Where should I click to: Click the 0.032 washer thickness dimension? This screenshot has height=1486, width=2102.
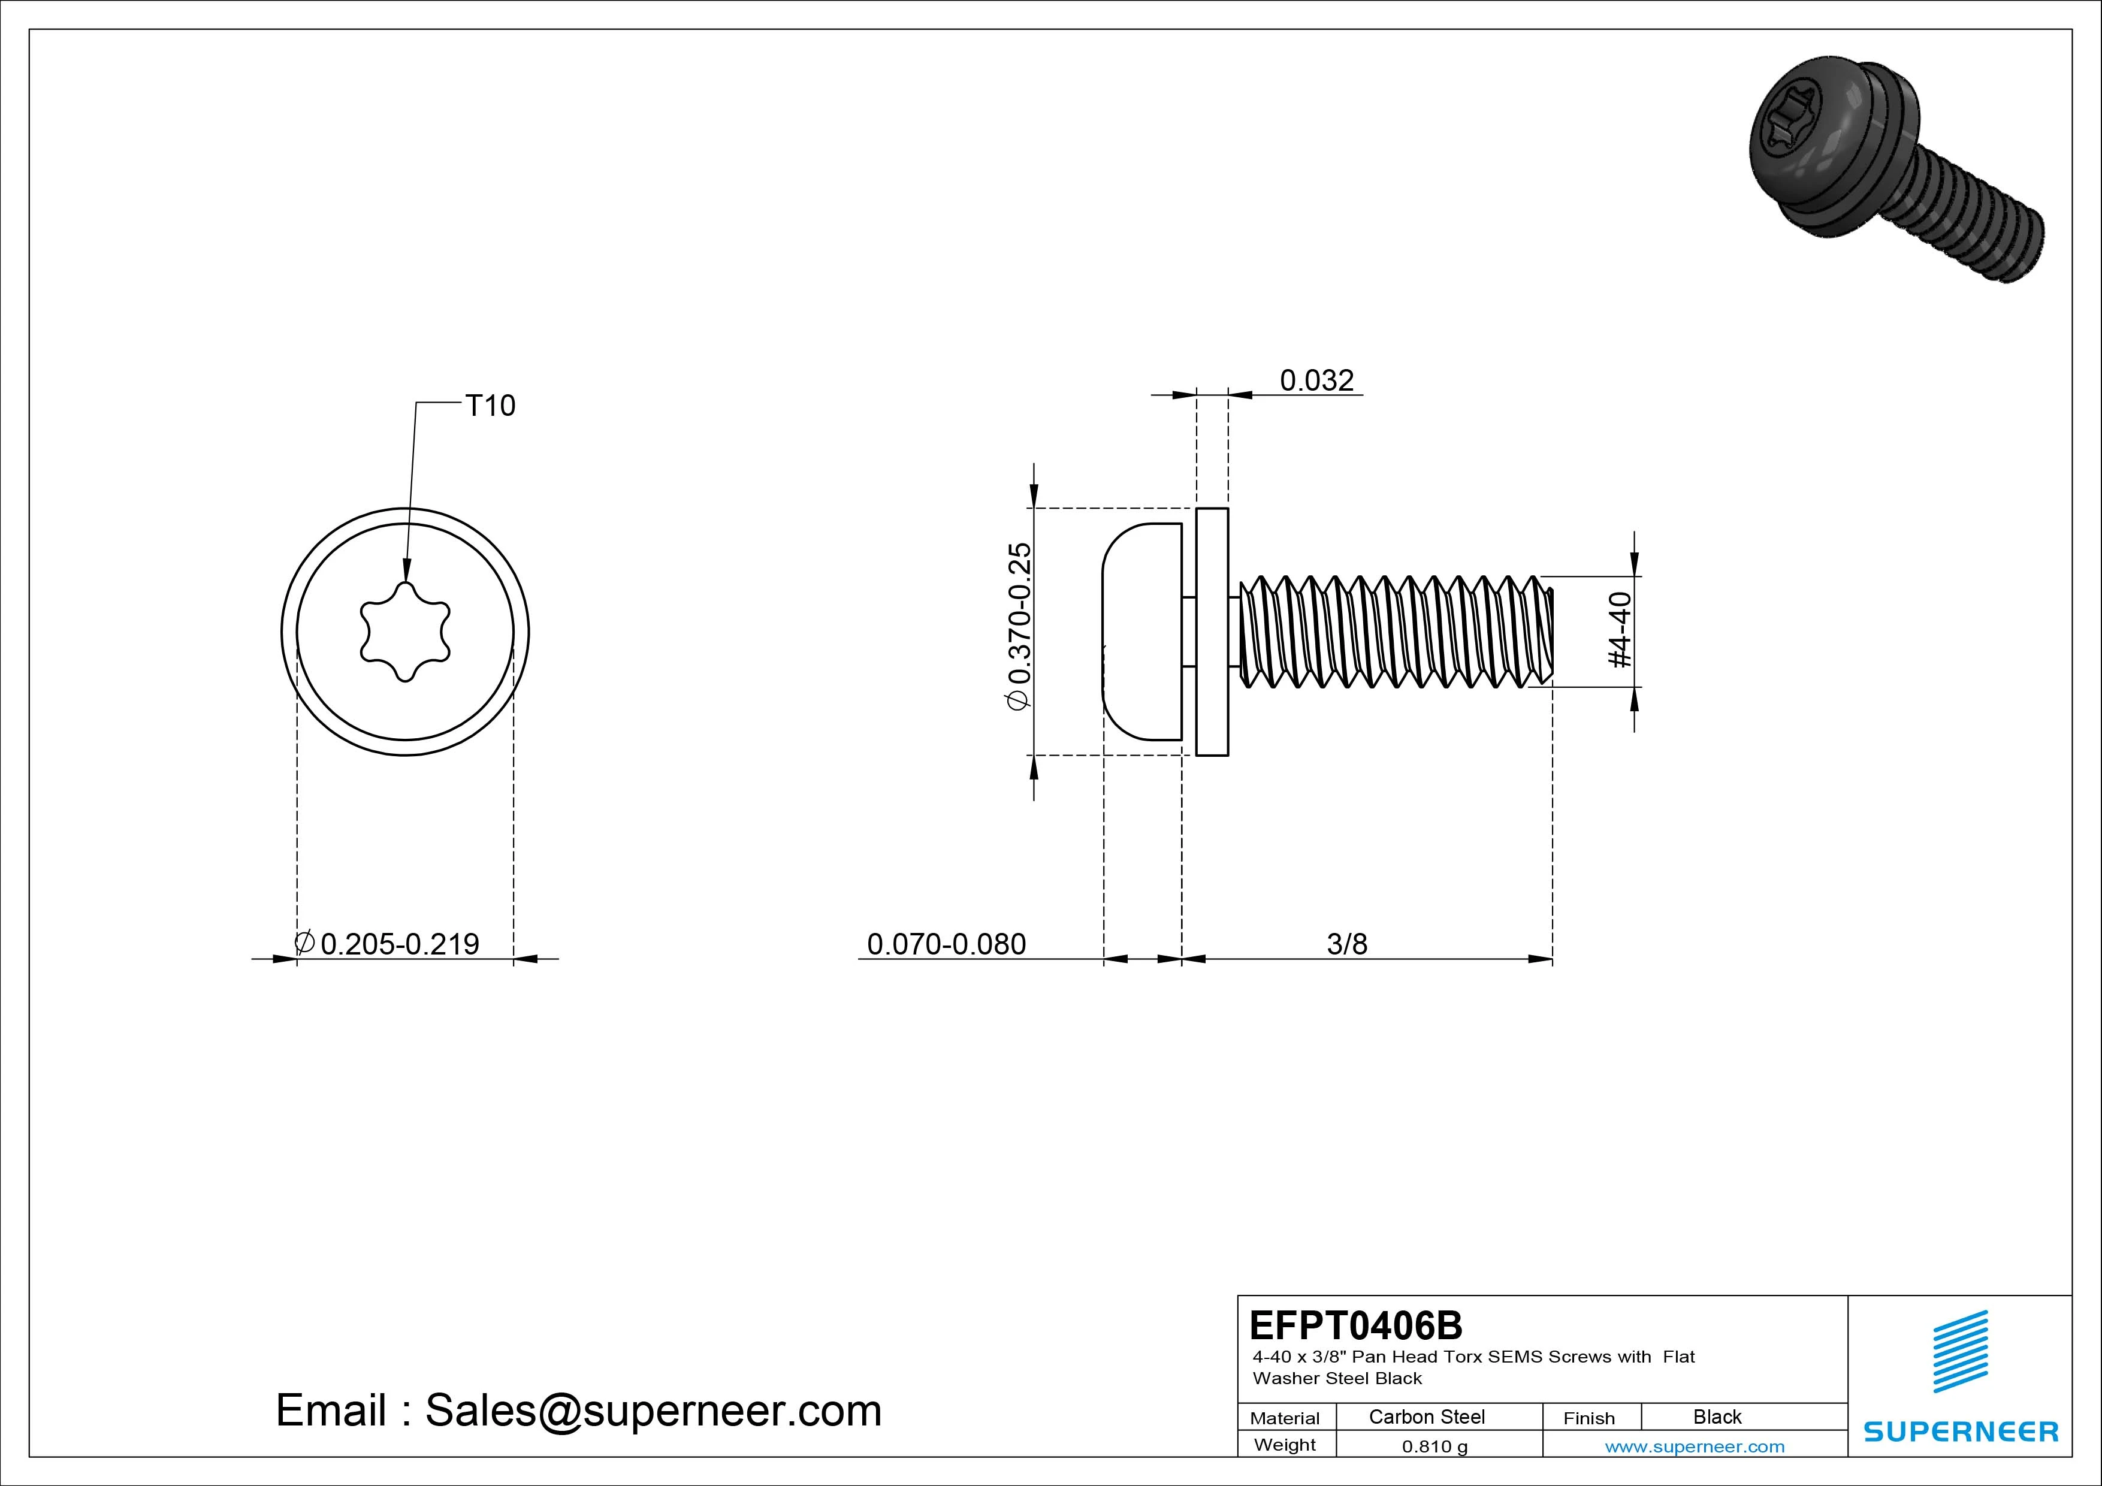[1316, 380]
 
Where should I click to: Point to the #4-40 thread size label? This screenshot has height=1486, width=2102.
[1620, 629]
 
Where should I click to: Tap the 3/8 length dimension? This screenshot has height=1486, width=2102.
[1347, 943]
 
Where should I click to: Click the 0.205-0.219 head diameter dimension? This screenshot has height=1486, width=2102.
[399, 943]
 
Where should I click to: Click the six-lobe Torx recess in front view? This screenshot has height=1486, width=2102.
[404, 632]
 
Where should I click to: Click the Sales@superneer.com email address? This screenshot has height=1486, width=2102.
[653, 1410]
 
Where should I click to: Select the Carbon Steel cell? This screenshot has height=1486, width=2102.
[1426, 1416]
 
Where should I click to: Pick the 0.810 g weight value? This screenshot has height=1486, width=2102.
[1434, 1446]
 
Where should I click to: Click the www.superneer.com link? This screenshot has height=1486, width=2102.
[1694, 1446]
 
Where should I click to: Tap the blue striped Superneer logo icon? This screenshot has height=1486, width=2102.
[1959, 1351]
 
